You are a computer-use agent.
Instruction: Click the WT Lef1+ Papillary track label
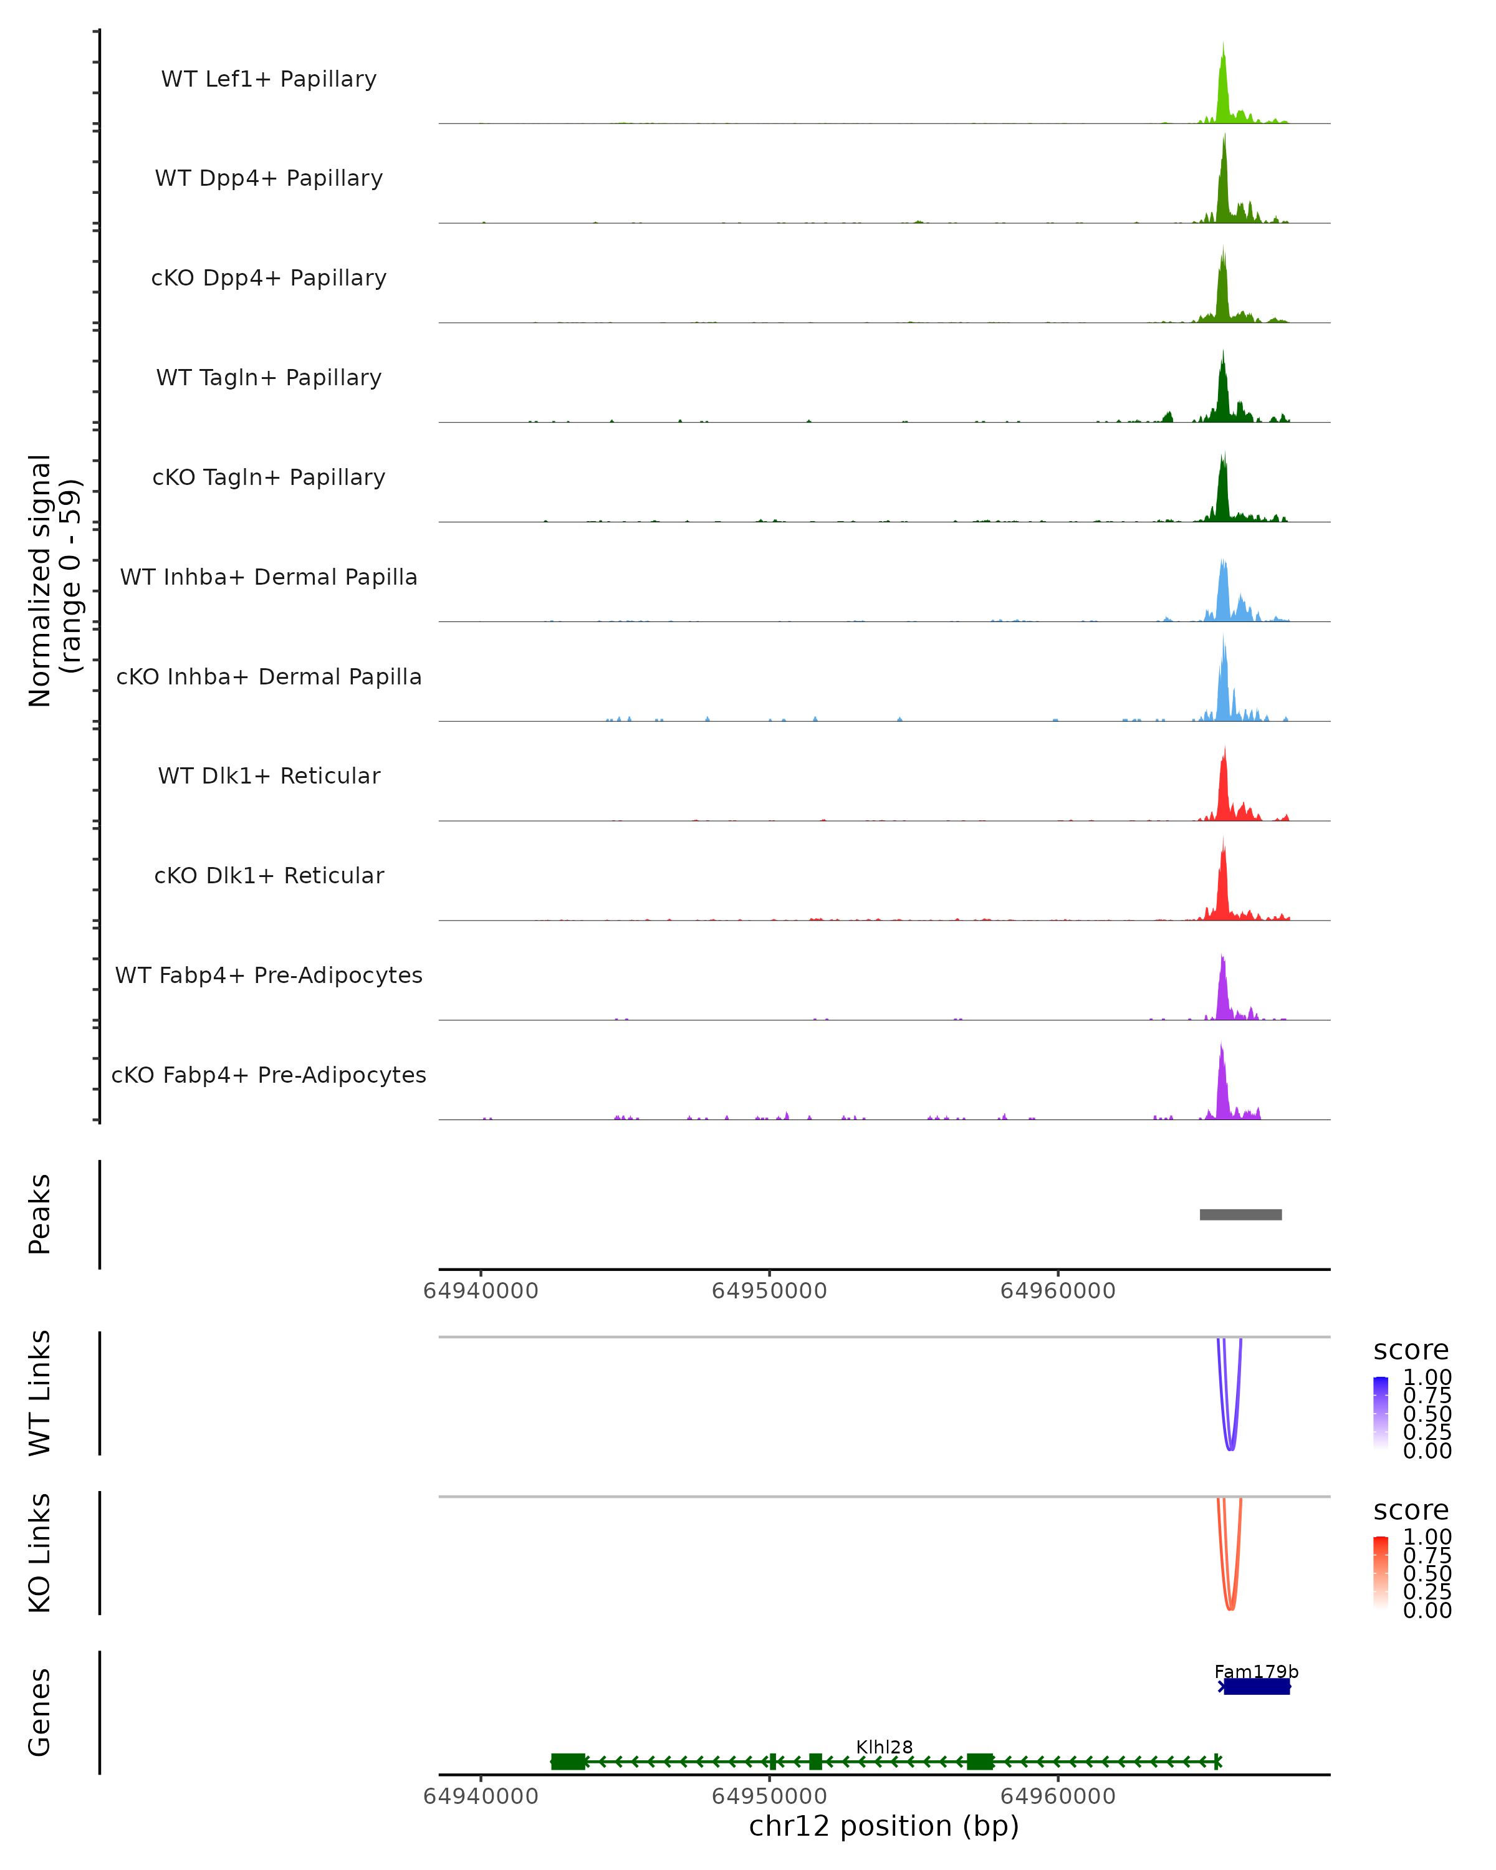point(269,79)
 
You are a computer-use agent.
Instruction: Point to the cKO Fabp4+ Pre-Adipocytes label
point(269,1075)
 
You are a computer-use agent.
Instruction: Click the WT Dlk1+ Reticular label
point(269,776)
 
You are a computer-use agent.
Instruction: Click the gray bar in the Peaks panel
point(1240,1215)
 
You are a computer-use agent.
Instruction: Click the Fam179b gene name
point(1256,1671)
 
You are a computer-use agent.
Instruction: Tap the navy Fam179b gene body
point(1257,1687)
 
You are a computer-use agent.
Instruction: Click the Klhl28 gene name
point(884,1747)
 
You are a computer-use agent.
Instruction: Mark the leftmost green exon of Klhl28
point(568,1762)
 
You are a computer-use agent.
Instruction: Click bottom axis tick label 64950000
point(769,1796)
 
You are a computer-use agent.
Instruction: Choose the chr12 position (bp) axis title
point(884,1826)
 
